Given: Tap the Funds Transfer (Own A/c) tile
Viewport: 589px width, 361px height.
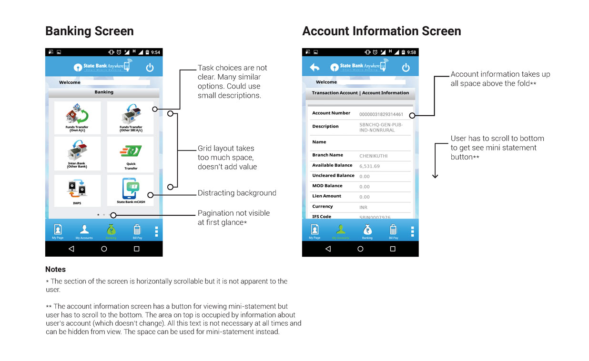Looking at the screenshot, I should tap(77, 118).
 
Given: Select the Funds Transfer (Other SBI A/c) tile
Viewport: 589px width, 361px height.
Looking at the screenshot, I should tap(131, 118).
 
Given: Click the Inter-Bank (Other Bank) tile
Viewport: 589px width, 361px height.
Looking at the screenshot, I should tap(77, 154).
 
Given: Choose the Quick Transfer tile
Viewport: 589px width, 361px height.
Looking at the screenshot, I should tap(131, 154).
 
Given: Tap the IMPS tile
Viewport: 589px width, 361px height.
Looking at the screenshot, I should tap(77, 191).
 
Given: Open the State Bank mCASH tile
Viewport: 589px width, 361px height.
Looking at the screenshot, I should tap(131, 191).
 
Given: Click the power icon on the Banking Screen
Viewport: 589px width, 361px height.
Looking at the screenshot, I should tap(150, 68).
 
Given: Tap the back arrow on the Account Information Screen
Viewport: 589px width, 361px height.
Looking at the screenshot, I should tap(315, 68).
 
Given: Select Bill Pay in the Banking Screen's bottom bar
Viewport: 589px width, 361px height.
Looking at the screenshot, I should tap(137, 231).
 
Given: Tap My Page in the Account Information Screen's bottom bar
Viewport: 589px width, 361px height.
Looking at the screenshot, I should tap(315, 231).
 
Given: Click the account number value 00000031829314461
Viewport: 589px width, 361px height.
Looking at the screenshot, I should tap(381, 114).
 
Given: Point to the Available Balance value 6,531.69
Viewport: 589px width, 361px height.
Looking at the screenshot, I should tap(370, 166).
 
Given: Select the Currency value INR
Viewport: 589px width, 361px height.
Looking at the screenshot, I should tap(364, 208).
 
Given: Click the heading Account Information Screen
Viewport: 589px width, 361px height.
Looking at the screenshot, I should tap(381, 31).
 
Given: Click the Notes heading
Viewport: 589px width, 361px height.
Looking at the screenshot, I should tap(55, 270).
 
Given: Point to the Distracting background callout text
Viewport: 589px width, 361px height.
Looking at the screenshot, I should tap(237, 193).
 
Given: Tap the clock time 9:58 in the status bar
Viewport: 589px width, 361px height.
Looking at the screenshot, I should tap(412, 52).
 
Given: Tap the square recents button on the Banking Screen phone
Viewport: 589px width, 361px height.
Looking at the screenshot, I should tap(137, 249).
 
